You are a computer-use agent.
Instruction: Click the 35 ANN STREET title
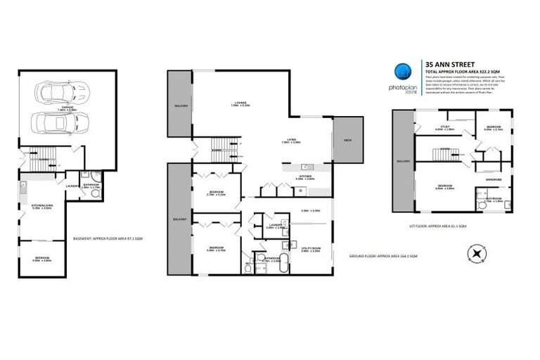point(446,61)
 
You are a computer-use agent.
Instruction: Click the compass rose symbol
point(477,253)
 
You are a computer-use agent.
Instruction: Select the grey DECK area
point(347,141)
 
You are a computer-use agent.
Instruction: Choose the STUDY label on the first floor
point(440,127)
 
